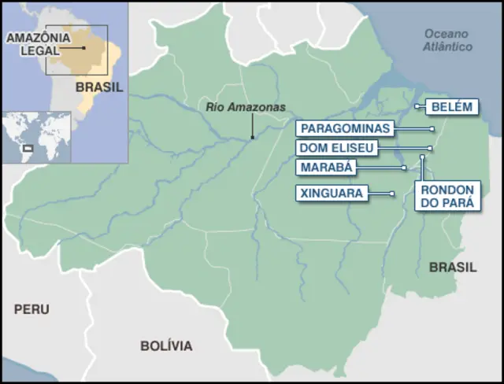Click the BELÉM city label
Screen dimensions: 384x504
point(451,108)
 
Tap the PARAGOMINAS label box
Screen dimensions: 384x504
point(343,128)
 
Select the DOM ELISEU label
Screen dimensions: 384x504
point(336,148)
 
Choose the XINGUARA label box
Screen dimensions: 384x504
point(332,193)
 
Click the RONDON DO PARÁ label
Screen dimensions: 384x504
point(447,196)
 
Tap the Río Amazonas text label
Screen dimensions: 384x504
point(246,108)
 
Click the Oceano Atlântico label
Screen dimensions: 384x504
point(447,40)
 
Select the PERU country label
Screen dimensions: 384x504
point(31,309)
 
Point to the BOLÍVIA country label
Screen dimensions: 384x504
point(166,345)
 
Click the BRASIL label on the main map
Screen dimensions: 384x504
point(453,268)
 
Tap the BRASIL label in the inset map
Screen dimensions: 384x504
point(99,87)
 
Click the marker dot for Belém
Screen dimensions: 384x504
point(417,105)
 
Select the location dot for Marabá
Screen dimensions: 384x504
point(404,168)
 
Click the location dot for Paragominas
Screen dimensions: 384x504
point(432,128)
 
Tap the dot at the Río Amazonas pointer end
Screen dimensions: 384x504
point(253,138)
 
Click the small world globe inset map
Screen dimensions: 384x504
point(36,136)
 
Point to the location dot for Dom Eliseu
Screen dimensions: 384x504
point(430,148)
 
